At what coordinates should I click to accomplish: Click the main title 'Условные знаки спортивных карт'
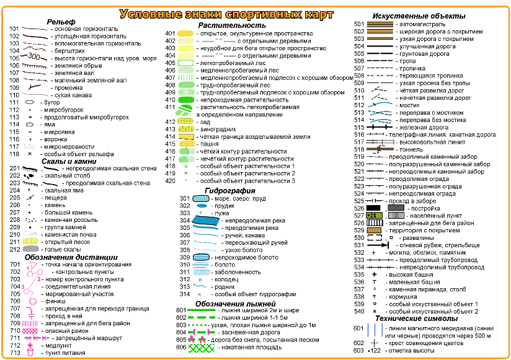241,14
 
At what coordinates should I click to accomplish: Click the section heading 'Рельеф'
61,22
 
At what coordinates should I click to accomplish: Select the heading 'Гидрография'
229,191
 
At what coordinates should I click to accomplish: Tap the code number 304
184,221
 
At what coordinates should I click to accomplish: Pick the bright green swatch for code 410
186,99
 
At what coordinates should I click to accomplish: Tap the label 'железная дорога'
421,127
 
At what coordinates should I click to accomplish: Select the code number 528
358,222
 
